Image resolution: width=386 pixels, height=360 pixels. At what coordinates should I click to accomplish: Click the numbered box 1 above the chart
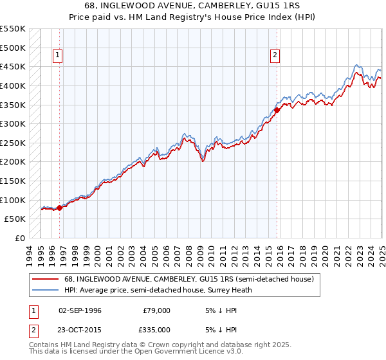[x=58, y=56]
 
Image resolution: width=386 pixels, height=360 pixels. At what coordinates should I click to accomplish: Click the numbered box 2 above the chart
[x=275, y=56]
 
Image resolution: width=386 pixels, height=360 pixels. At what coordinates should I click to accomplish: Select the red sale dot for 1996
[x=59, y=208]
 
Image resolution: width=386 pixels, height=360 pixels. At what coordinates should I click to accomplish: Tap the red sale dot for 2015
[x=277, y=110]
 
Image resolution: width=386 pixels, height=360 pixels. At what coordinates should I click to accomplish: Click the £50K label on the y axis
[x=15, y=219]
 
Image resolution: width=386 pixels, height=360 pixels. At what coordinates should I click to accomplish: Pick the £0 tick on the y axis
[x=21, y=238]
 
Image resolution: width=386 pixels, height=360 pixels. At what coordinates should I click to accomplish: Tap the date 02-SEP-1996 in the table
[x=80, y=310]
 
